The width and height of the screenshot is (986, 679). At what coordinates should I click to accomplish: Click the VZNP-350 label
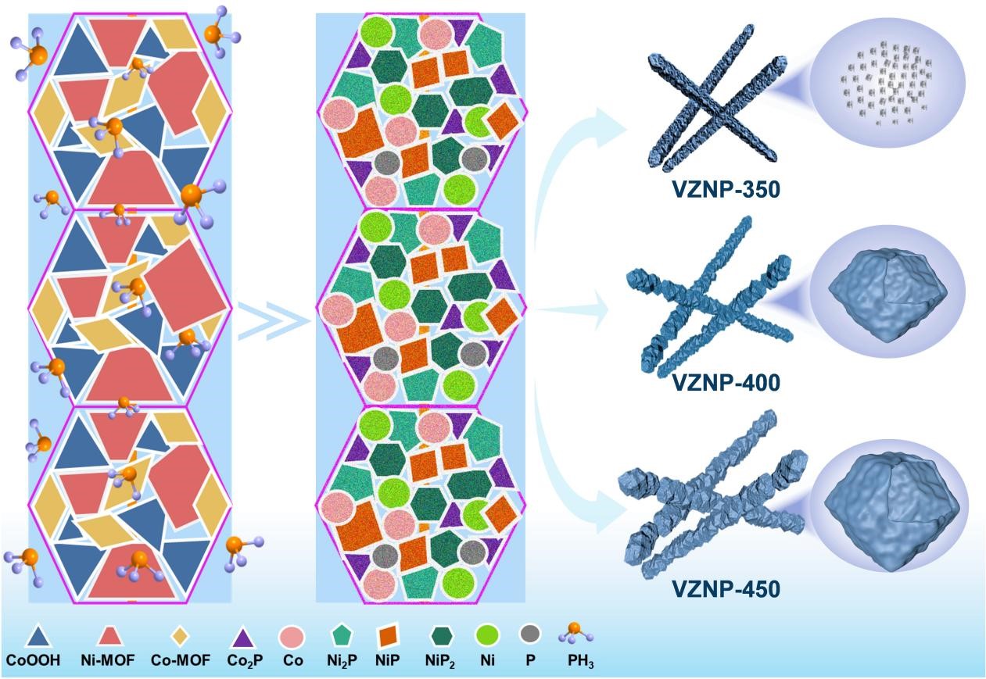(725, 189)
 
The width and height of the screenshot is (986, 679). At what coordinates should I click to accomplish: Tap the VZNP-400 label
(725, 383)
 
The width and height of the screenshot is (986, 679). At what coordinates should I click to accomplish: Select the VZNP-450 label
(725, 587)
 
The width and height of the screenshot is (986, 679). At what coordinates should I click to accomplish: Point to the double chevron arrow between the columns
(270, 321)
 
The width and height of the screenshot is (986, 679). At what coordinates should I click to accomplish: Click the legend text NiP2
(443, 661)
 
